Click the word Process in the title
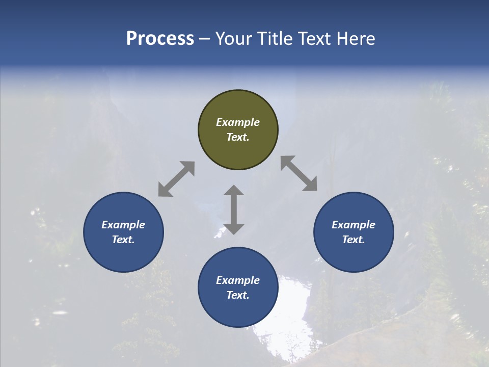click(160, 39)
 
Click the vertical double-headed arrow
click(234, 209)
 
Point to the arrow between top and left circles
click(176, 179)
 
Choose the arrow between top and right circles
click(298, 173)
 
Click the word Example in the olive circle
click(238, 122)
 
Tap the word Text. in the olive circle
click(238, 137)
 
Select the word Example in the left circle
click(123, 225)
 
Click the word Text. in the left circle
click(123, 240)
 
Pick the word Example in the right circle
click(354, 225)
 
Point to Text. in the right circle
click(354, 240)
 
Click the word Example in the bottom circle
click(238, 280)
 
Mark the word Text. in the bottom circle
click(238, 295)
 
